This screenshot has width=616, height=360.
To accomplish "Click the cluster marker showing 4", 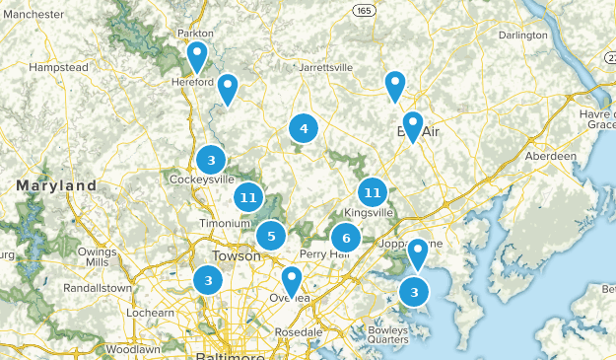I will click(x=304, y=128).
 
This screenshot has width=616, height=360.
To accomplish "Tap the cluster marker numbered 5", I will click(x=271, y=237).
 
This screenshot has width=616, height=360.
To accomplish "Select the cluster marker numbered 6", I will click(x=346, y=238).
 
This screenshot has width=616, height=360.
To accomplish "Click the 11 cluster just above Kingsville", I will click(x=372, y=191).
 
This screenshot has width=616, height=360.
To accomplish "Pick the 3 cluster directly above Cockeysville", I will click(x=211, y=160).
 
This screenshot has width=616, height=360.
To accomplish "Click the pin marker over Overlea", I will click(x=291, y=282).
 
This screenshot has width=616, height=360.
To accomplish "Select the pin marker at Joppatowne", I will click(x=418, y=253).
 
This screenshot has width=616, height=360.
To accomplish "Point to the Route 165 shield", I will click(x=363, y=9).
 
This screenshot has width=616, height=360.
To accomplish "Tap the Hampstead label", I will click(x=59, y=67).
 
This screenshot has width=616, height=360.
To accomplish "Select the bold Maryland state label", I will click(x=56, y=185).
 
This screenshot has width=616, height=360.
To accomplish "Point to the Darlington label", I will click(x=522, y=35).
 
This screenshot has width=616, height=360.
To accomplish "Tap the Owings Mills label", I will click(x=102, y=257).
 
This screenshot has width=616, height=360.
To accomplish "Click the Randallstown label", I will click(x=97, y=289).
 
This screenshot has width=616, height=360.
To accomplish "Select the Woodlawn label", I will click(x=133, y=349).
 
